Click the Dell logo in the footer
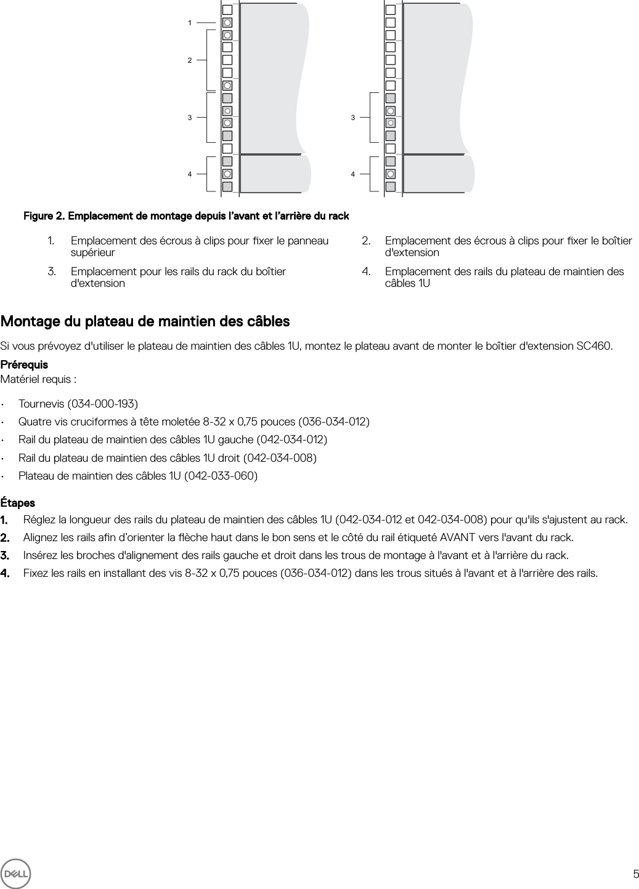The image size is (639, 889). (x=15, y=873)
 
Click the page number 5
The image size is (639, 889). (x=635, y=874)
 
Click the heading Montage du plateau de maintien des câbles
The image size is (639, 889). (x=145, y=321)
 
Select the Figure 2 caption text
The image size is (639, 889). (x=186, y=216)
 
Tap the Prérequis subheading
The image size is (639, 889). (x=24, y=364)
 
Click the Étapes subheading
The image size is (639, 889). (x=18, y=502)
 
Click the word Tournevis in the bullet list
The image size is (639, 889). (x=39, y=404)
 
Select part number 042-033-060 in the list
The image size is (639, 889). (x=221, y=476)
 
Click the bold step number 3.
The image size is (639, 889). (x=5, y=555)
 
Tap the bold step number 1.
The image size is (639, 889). (x=5, y=520)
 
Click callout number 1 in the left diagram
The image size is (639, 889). (x=190, y=23)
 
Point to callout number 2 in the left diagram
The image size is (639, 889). (x=190, y=60)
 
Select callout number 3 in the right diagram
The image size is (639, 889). (x=353, y=117)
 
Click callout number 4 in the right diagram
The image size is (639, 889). (x=353, y=174)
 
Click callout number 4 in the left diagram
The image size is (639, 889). (x=190, y=174)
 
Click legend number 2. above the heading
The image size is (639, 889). (x=366, y=241)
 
